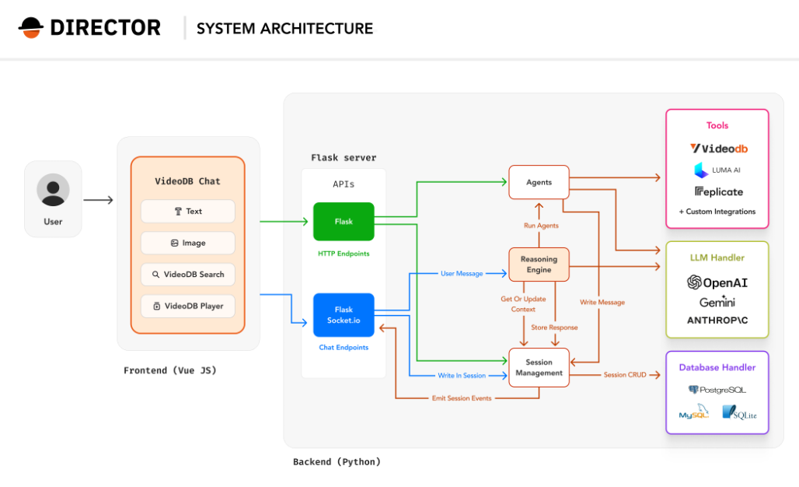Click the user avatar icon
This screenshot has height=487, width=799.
[53, 190]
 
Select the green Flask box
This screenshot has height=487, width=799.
[344, 222]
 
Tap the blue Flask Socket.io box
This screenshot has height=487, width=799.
[344, 315]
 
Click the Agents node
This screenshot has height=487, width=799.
[539, 182]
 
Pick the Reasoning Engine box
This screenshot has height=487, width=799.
[539, 265]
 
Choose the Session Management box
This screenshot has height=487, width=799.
[539, 367]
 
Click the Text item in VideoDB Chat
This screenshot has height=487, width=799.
[188, 212]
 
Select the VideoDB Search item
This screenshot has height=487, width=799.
[188, 275]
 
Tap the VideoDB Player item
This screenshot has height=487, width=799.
[188, 306]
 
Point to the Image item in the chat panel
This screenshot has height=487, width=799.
[188, 243]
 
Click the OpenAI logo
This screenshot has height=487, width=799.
[717, 282]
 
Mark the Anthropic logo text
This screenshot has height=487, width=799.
[717, 321]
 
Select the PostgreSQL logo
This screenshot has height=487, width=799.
[717, 390]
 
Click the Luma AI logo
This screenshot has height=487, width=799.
[717, 170]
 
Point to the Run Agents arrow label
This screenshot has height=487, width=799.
[539, 226]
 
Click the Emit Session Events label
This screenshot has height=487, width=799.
[462, 398]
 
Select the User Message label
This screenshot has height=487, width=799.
[462, 274]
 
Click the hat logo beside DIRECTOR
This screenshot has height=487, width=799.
[31, 28]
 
